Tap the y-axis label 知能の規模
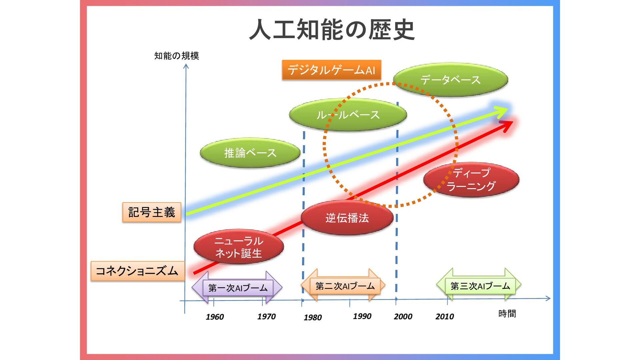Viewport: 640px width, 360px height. click(x=176, y=56)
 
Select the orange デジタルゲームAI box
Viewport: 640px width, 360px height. click(x=331, y=70)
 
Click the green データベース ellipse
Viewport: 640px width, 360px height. click(x=450, y=80)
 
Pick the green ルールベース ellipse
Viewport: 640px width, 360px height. click(x=348, y=115)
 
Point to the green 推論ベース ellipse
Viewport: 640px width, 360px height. click(x=250, y=153)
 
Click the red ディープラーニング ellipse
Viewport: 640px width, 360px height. click(x=471, y=180)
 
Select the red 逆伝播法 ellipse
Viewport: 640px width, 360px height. click(x=347, y=218)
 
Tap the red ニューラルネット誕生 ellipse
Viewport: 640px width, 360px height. click(x=239, y=247)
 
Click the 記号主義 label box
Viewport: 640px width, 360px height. click(x=152, y=212)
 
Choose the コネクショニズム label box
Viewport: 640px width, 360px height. click(x=137, y=271)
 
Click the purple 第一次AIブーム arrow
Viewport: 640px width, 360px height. click(x=237, y=288)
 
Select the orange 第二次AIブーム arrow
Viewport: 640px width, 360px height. click(x=343, y=286)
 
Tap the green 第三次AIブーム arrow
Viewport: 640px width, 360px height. click(x=479, y=286)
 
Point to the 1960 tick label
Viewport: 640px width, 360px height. click(x=215, y=317)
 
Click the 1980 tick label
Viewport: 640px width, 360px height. click(x=313, y=317)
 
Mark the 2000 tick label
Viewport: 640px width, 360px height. click(x=403, y=316)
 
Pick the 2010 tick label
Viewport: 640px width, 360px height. click(x=445, y=316)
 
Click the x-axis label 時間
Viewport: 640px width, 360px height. click(x=507, y=314)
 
